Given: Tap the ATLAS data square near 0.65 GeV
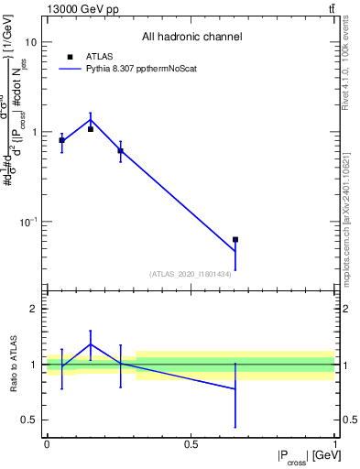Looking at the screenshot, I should pos(235,239).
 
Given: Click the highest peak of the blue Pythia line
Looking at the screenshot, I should pos(91,120).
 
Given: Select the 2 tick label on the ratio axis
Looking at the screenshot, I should pos(32,310).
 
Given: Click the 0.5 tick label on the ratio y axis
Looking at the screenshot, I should pos(27,420).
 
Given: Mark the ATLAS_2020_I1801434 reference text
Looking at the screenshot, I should pos(191,273).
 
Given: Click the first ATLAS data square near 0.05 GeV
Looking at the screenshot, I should pos(61,140).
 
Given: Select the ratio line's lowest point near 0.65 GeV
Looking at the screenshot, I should pos(235,388).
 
